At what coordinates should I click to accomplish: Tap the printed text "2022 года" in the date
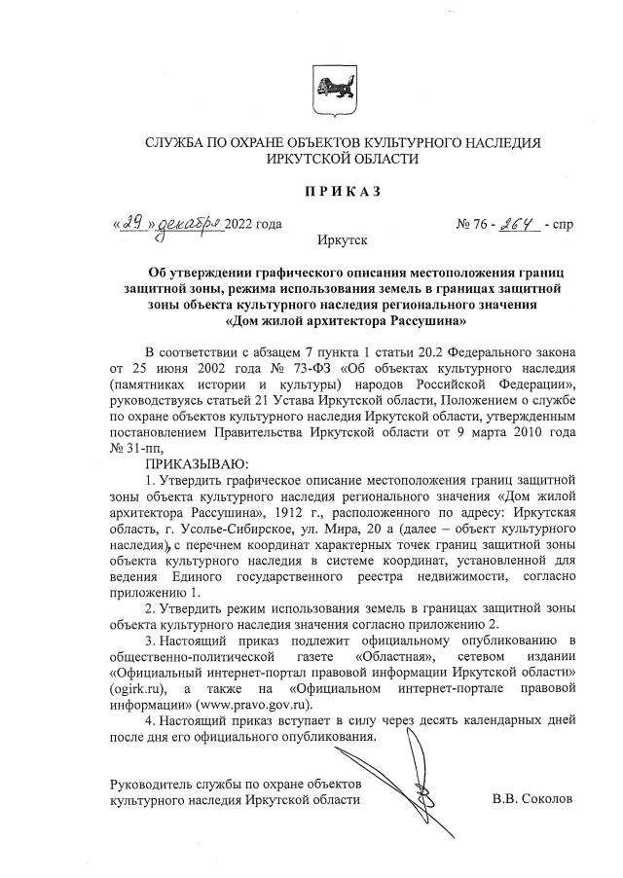pos(253,224)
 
